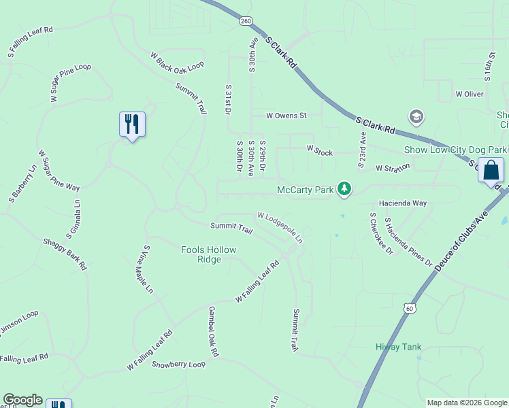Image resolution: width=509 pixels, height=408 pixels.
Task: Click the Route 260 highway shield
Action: (x=245, y=22)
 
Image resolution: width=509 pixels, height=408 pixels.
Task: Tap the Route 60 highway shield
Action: (x=408, y=308)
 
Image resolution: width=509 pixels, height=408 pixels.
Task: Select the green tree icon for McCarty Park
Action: (x=345, y=189)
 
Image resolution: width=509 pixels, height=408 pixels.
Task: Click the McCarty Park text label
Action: (x=306, y=190)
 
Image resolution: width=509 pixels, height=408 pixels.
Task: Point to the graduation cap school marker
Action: (x=416, y=118)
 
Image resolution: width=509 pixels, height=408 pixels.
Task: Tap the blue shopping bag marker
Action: (x=491, y=170)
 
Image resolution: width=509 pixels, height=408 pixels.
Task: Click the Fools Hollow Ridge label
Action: (x=209, y=254)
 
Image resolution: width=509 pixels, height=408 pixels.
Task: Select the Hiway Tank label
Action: (x=399, y=347)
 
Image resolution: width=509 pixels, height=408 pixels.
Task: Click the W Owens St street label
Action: (x=286, y=116)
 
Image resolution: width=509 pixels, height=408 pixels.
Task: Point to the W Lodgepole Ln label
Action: (x=280, y=226)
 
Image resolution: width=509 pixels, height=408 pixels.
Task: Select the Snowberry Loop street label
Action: (x=178, y=364)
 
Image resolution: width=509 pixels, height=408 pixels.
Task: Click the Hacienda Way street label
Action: (x=403, y=203)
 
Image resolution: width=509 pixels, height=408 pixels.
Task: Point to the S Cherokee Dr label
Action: (x=381, y=233)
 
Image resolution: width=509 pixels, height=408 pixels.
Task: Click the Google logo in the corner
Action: (x=22, y=400)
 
